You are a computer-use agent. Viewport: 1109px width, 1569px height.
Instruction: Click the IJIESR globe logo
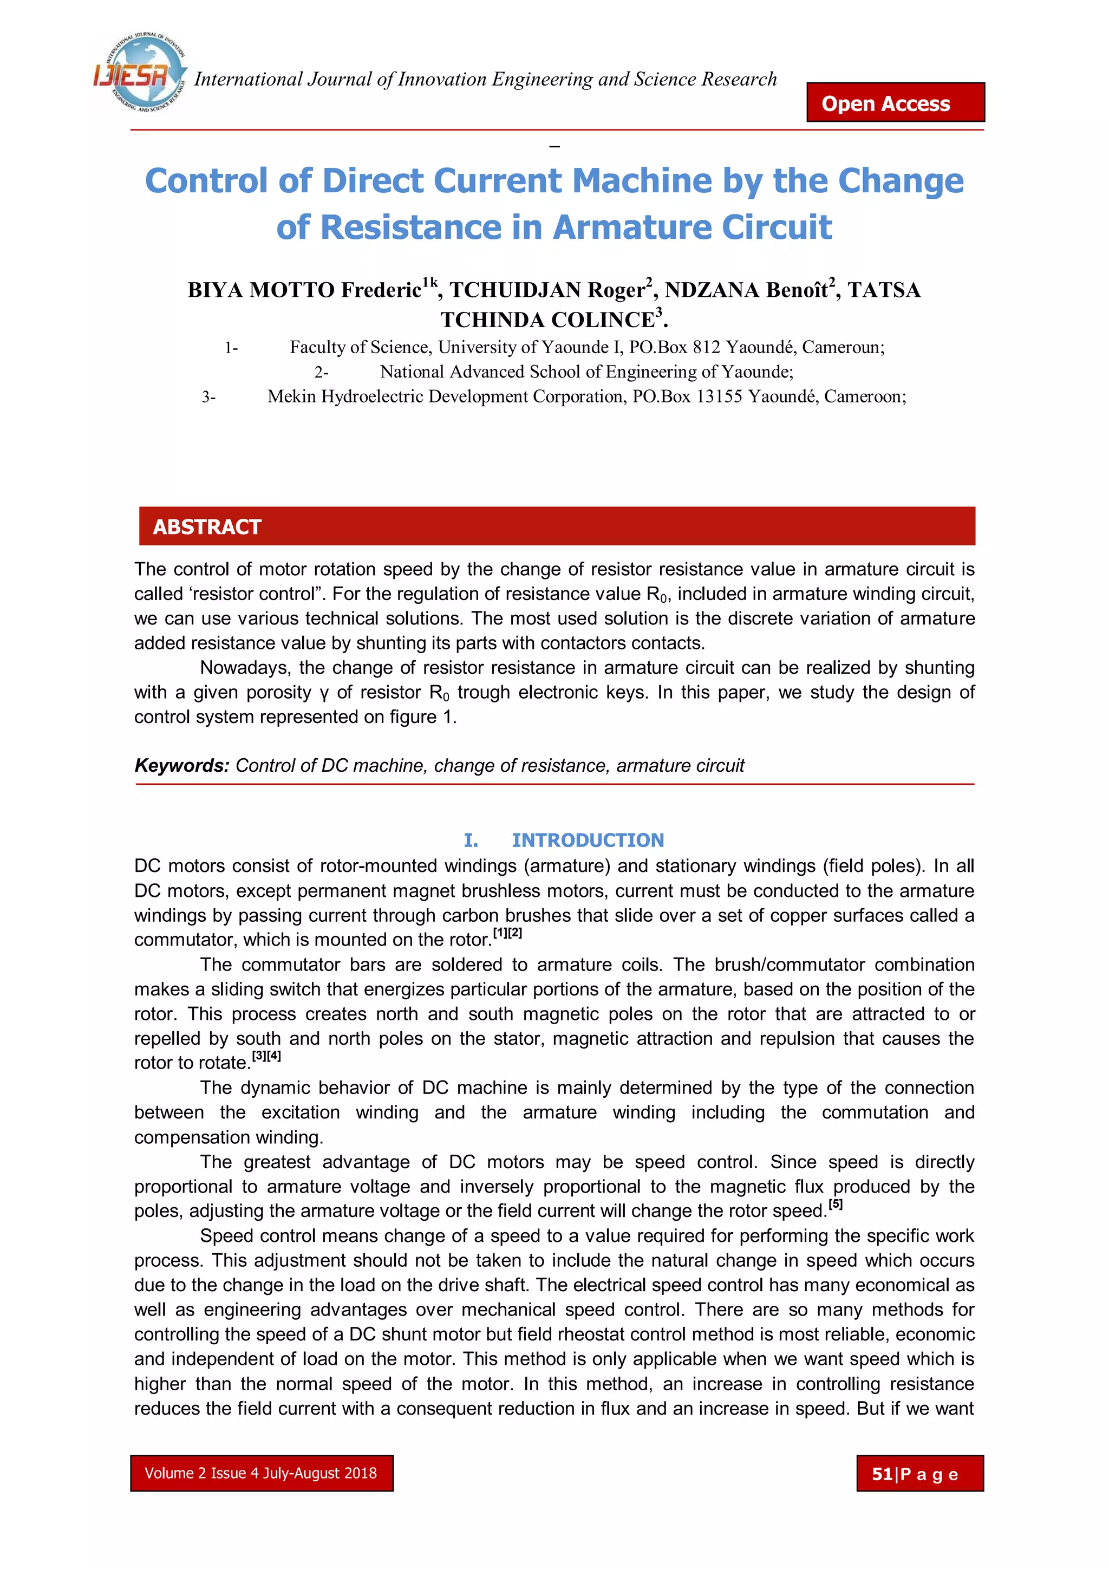[x=140, y=73]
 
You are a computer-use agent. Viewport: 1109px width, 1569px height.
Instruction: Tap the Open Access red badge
[x=895, y=103]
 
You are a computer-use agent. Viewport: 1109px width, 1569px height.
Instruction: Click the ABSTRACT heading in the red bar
[x=207, y=527]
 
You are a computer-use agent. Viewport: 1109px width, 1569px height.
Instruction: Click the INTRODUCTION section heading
[x=588, y=840]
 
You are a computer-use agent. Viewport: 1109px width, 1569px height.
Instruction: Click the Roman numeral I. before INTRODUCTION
[x=471, y=840]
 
